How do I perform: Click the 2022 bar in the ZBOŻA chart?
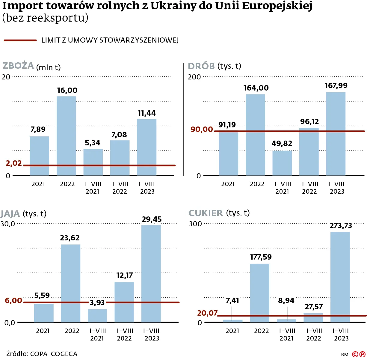(x=66, y=135)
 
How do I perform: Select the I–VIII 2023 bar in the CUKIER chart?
(x=340, y=277)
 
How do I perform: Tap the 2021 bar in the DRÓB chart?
(x=228, y=153)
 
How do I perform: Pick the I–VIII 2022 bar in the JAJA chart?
(x=124, y=302)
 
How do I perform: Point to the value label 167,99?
(x=336, y=86)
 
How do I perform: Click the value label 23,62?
(x=70, y=238)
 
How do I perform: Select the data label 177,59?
(x=261, y=257)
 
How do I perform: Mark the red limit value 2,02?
(x=14, y=163)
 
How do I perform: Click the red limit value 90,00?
(x=202, y=129)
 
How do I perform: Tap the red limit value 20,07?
(x=207, y=313)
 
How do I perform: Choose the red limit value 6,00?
(x=13, y=301)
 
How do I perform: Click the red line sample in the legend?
(x=20, y=40)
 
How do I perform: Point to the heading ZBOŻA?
(x=18, y=66)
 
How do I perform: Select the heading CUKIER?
(x=206, y=213)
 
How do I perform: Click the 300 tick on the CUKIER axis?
(x=195, y=224)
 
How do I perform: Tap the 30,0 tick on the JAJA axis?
(x=8, y=224)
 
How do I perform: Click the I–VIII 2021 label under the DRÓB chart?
(x=283, y=188)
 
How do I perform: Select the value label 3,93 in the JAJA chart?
(x=97, y=303)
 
